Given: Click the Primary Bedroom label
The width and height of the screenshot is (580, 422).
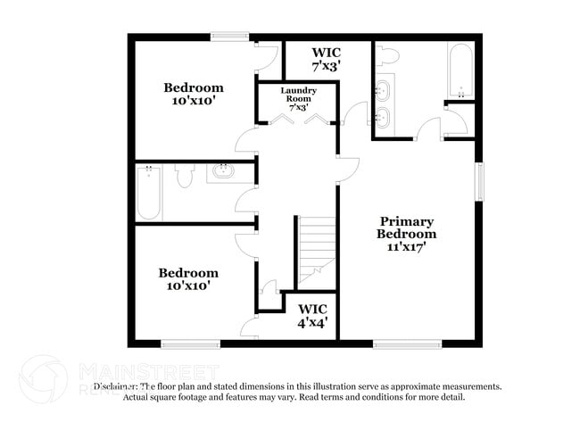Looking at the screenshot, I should (x=406, y=234).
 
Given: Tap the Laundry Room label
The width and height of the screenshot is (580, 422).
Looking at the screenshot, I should (x=298, y=98).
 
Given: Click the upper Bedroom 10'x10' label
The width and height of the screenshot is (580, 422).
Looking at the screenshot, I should (x=193, y=95).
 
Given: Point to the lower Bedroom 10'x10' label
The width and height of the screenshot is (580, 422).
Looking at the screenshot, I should (x=188, y=279).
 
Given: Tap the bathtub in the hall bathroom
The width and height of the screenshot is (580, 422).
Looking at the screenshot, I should (x=149, y=193).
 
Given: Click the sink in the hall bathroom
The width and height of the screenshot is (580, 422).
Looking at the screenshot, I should (x=221, y=171).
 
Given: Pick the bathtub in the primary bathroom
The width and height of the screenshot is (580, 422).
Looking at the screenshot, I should (x=460, y=70).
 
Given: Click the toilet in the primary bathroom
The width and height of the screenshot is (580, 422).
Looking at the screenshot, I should (x=387, y=55).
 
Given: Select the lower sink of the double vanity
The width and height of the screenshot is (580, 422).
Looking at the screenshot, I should (x=385, y=118).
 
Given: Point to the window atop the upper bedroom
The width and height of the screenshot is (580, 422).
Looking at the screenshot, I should (x=230, y=37).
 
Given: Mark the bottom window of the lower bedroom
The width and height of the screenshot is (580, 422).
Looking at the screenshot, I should (x=190, y=343).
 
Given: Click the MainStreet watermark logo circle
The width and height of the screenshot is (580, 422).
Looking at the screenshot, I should (x=43, y=377).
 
